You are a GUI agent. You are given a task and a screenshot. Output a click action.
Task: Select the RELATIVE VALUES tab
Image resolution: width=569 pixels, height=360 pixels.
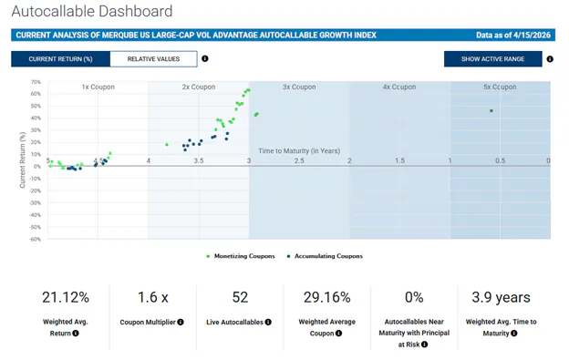[153, 59]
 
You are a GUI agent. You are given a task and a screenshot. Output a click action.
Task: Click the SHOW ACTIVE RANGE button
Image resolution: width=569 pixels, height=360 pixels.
[492, 59]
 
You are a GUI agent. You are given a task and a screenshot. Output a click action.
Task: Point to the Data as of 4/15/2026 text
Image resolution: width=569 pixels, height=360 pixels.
[513, 36]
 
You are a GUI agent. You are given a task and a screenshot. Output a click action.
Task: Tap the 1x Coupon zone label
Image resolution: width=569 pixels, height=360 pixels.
[98, 87]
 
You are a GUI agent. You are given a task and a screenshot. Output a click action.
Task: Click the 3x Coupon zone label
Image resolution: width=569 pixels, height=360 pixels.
[298, 87]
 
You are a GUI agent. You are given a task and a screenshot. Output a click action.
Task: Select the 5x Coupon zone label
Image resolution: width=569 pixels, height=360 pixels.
[499, 87]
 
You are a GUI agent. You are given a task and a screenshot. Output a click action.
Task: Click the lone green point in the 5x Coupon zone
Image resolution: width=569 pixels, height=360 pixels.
[491, 111]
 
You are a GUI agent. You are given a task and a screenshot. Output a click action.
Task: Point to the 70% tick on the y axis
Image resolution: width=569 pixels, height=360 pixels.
[35, 82]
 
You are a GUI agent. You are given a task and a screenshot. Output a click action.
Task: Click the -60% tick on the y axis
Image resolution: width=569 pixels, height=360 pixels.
[34, 240]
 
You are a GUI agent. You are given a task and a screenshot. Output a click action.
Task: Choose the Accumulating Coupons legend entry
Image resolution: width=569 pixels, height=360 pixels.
[325, 256]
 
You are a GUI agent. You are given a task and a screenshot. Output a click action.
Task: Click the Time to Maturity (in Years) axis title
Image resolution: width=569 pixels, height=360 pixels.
[299, 150]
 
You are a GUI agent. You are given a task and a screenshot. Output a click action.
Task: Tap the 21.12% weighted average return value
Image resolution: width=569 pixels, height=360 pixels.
[66, 297]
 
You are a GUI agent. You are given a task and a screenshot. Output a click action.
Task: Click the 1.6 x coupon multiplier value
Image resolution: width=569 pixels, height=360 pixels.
[152, 297]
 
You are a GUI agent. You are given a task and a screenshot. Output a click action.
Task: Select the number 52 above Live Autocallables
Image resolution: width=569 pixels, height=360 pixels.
[240, 297]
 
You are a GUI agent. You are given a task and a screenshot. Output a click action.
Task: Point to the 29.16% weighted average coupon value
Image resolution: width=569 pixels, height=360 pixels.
[326, 297]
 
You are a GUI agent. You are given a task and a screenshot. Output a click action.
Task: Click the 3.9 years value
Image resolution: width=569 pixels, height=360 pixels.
[501, 297]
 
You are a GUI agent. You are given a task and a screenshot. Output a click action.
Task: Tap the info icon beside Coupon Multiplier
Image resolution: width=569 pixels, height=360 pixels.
[181, 323]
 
